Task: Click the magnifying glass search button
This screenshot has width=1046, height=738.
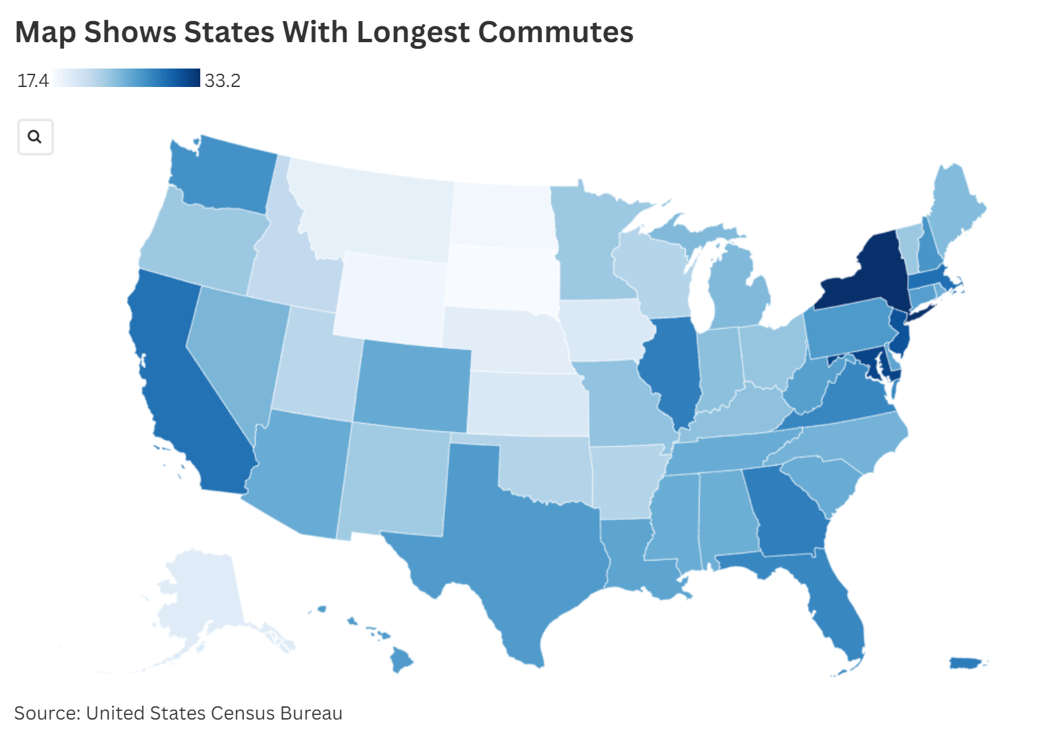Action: point(35,137)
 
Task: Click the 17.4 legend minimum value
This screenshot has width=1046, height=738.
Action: point(32,81)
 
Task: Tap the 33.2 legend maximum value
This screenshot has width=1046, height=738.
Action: point(222,81)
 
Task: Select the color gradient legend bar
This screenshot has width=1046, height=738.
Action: point(126,78)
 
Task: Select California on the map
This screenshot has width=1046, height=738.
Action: point(175,382)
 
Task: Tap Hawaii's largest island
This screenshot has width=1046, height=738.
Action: point(401,659)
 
